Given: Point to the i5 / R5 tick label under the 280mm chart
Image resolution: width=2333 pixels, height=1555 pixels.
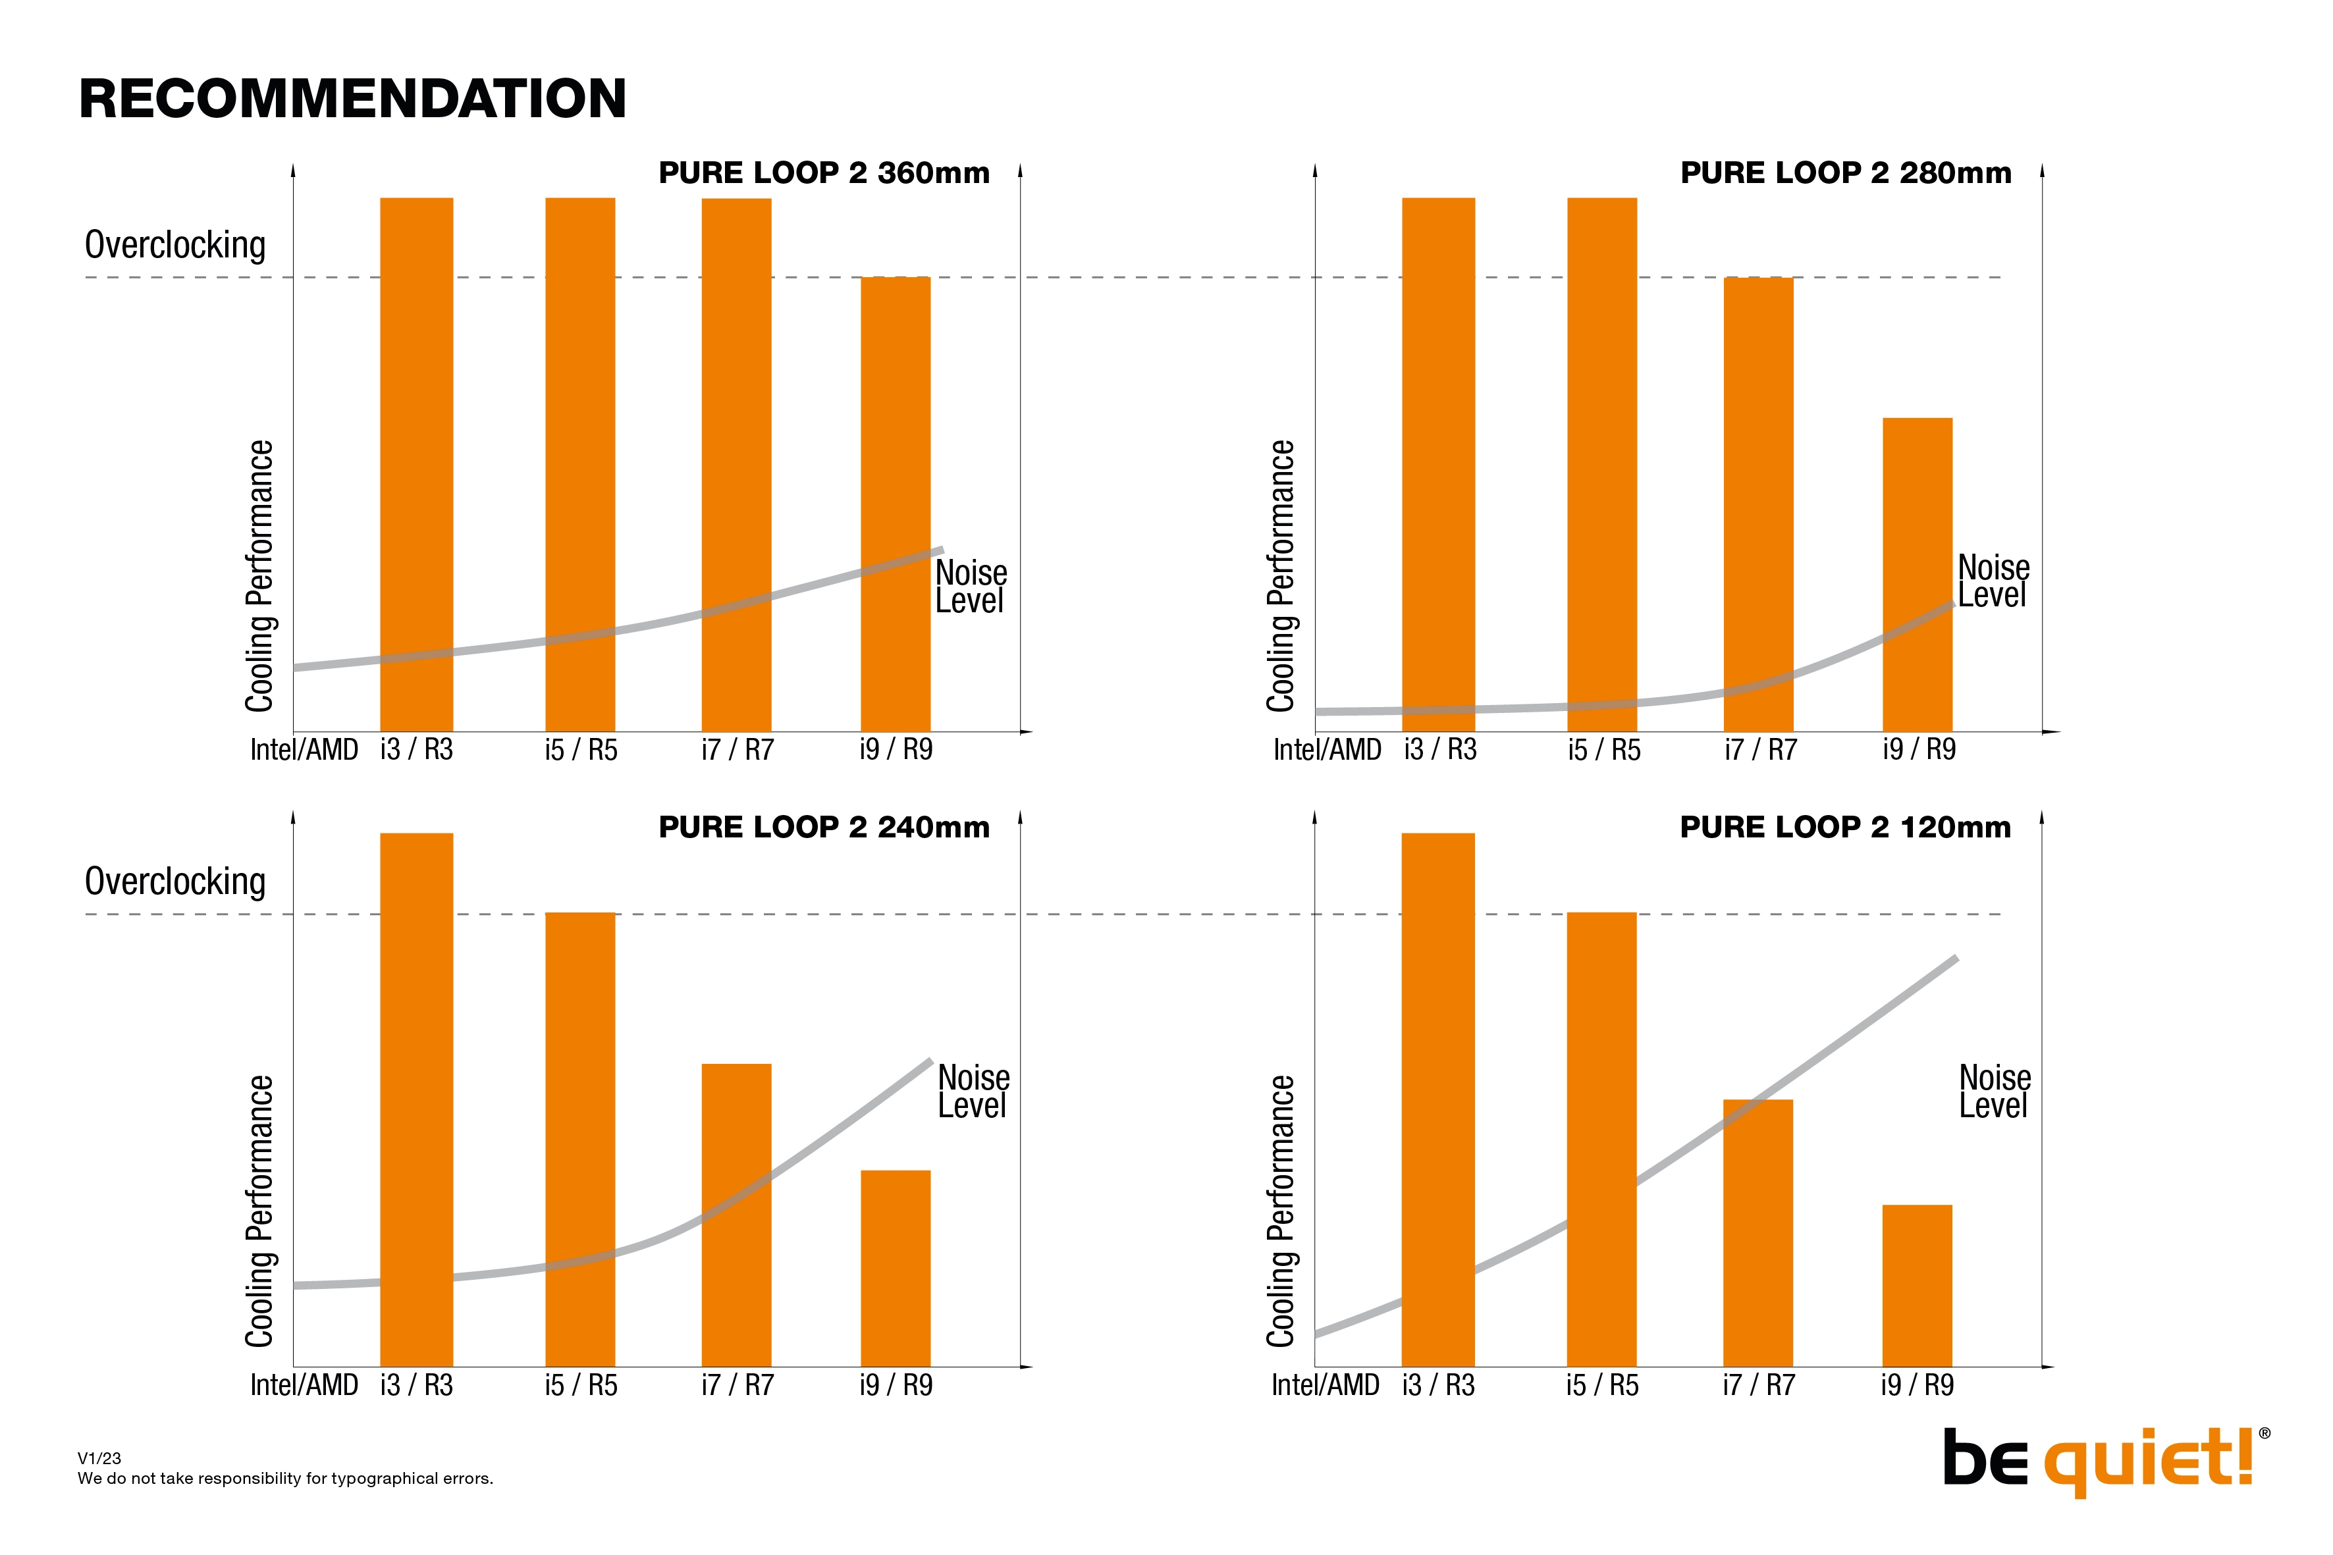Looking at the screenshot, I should tap(1604, 750).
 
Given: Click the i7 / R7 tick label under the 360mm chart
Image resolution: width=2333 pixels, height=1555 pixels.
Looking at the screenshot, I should tap(737, 750).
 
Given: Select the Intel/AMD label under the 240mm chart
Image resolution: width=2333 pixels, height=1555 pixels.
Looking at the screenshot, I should tap(304, 1384).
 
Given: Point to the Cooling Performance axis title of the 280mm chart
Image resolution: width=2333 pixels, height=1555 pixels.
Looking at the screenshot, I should tap(1281, 575).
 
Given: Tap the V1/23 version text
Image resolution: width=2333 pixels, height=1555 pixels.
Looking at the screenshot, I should tap(99, 1458).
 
